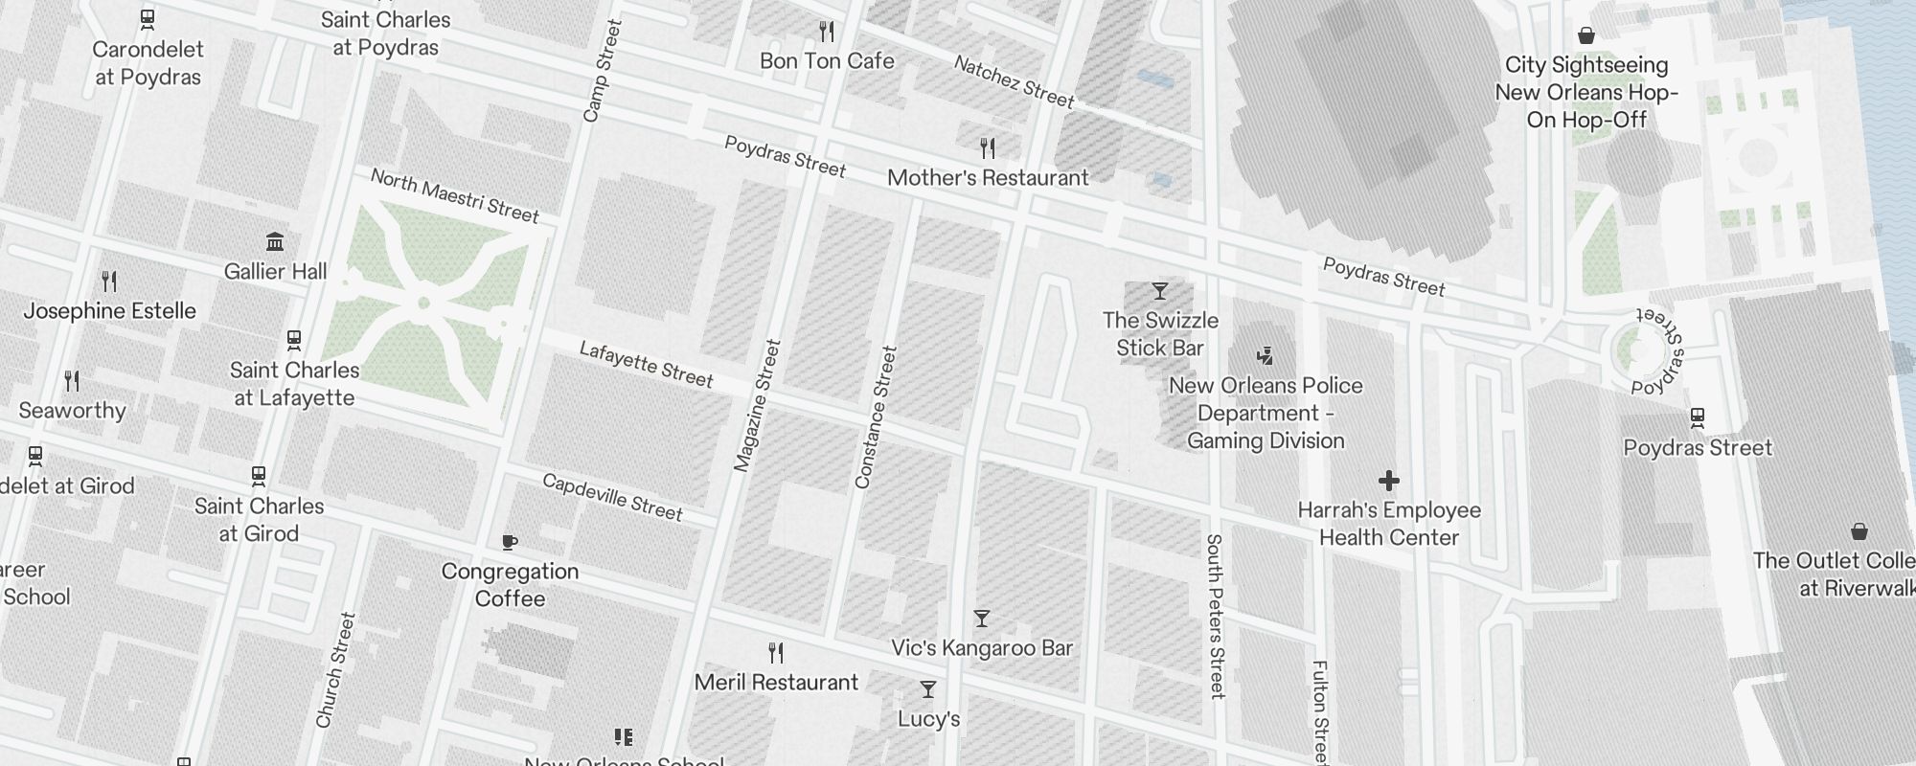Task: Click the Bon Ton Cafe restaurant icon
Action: tap(827, 33)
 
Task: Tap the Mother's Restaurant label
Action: tap(988, 178)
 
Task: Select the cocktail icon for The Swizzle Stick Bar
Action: tap(1160, 290)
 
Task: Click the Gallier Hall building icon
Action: tap(275, 241)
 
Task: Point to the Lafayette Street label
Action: tap(646, 365)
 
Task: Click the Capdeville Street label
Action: tap(612, 497)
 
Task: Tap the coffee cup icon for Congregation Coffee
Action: tap(510, 542)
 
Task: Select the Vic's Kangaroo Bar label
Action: tap(982, 648)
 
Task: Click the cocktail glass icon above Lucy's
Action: tap(927, 689)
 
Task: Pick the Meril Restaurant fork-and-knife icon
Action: tap(777, 653)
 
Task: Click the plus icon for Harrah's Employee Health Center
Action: tap(1389, 481)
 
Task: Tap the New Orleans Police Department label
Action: tap(1266, 414)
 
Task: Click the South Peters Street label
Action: tap(1215, 616)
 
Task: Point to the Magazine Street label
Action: tap(757, 405)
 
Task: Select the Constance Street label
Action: tap(876, 417)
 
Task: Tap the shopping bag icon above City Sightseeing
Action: tap(1586, 35)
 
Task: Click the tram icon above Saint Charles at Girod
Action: tap(258, 475)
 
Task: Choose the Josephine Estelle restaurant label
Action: tap(109, 311)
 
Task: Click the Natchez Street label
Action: tap(1014, 80)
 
